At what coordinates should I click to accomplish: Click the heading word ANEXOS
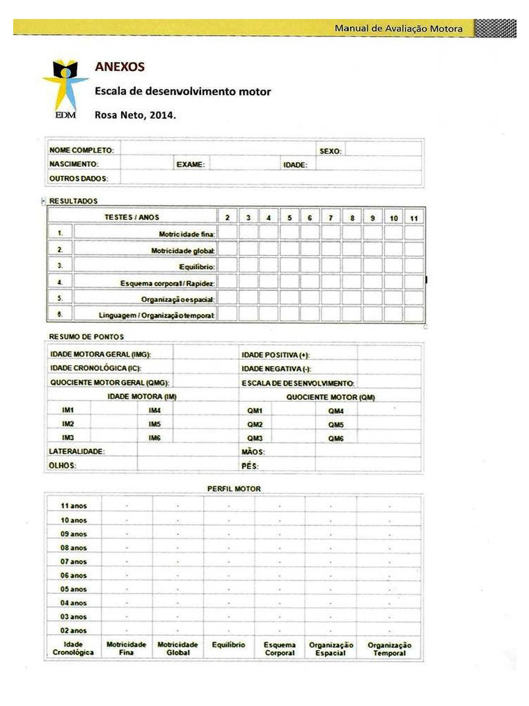[x=119, y=68]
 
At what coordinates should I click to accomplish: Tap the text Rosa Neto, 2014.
[x=135, y=115]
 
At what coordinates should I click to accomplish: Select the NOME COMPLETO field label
[x=81, y=150]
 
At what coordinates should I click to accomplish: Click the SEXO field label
[x=330, y=150]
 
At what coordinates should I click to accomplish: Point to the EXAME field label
[x=190, y=165]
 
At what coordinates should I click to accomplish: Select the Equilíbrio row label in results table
[x=197, y=266]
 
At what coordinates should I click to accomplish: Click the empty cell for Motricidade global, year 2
[x=227, y=250]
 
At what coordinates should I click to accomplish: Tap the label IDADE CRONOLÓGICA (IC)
[x=90, y=368]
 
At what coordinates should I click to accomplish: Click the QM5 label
[x=335, y=425]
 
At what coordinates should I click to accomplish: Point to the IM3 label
[x=68, y=438]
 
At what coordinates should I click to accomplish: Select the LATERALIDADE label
[x=76, y=452]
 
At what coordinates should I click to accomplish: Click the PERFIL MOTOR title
[x=234, y=489]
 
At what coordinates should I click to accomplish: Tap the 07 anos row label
[x=74, y=562]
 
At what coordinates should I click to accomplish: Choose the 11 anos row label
[x=74, y=506]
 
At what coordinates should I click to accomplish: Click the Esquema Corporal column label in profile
[x=280, y=649]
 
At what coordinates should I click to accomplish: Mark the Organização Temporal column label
[x=389, y=649]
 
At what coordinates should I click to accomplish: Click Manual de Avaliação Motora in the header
[x=398, y=28]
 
